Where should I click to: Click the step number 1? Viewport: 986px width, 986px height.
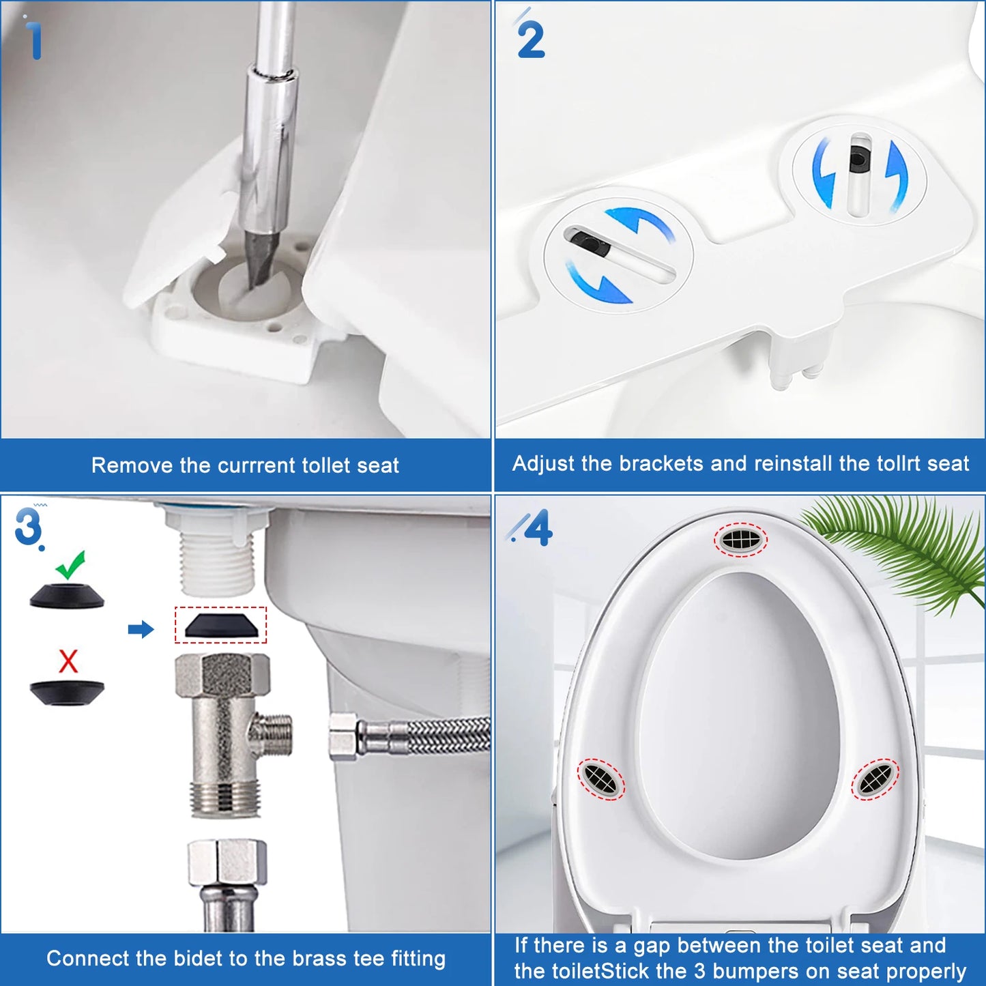pyautogui.click(x=33, y=40)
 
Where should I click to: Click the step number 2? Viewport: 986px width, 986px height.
pyautogui.click(x=530, y=40)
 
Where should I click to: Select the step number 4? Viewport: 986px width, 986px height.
pyautogui.click(x=538, y=528)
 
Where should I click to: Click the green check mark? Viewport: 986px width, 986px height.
pyautogui.click(x=71, y=564)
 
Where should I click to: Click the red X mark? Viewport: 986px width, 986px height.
pyautogui.click(x=68, y=661)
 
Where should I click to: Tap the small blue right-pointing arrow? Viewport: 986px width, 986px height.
pyautogui.click(x=141, y=629)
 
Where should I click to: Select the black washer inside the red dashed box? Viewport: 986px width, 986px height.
pyautogui.click(x=221, y=626)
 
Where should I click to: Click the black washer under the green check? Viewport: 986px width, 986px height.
pyautogui.click(x=67, y=596)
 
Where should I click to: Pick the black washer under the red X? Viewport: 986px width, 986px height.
pyautogui.click(x=67, y=692)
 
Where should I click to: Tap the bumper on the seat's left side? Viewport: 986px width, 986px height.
pyautogui.click(x=600, y=778)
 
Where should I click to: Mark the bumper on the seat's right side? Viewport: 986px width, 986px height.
pyautogui.click(x=875, y=778)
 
